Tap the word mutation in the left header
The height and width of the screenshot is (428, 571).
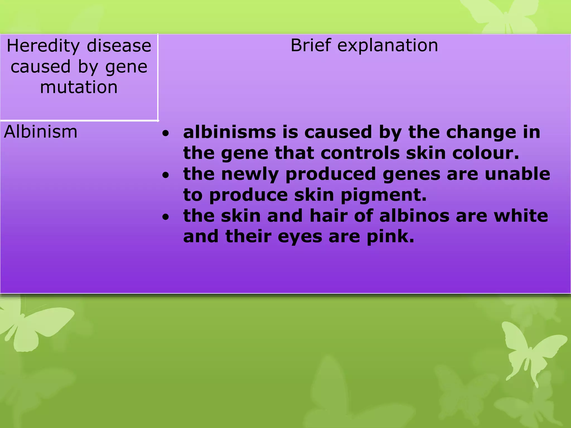[x=79, y=87]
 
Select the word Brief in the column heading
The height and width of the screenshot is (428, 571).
[x=310, y=45]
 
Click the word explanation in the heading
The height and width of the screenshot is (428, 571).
[x=388, y=46]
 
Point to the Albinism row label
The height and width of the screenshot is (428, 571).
[x=41, y=132]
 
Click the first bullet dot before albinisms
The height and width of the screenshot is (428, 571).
[x=166, y=133]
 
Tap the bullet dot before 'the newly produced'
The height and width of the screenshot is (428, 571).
[x=166, y=175]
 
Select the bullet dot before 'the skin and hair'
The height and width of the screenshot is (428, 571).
[x=166, y=217]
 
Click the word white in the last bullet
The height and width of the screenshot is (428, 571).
[x=521, y=216]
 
